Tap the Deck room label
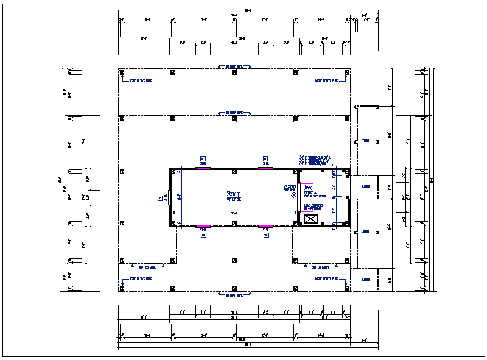307,188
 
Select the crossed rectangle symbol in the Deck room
311,219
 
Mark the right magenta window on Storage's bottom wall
265,226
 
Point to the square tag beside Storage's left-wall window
161,197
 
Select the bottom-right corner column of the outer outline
346,288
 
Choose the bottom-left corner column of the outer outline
122,288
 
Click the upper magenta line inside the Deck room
305,183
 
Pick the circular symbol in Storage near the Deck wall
293,196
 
